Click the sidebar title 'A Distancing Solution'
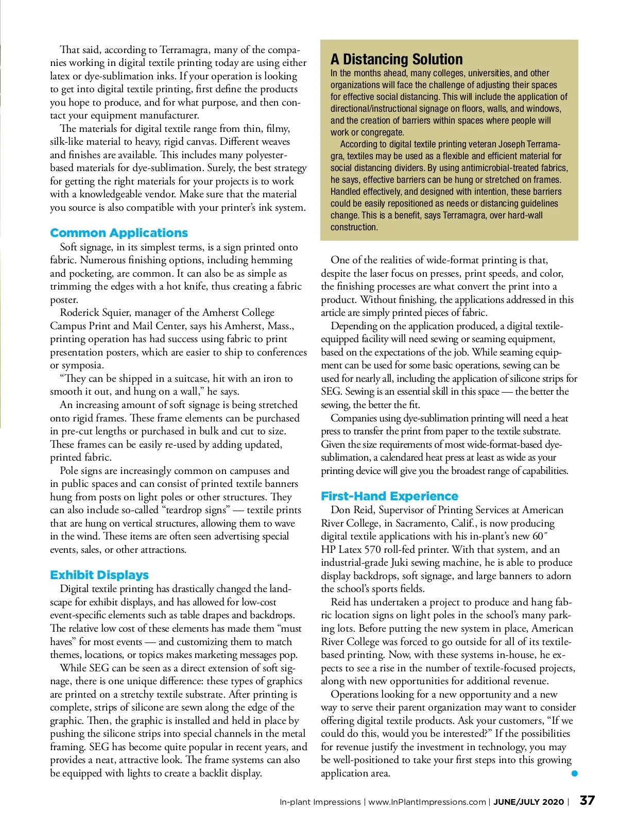point(397,59)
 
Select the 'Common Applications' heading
point(119,233)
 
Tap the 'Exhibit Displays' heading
point(99,575)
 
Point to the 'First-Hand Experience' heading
point(389,496)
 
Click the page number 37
point(587,801)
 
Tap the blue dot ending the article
point(575,773)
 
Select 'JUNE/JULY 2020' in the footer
point(529,802)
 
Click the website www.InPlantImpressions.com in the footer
point(427,802)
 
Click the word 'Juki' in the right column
point(400,563)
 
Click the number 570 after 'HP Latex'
point(372,550)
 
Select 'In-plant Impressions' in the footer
point(320,802)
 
